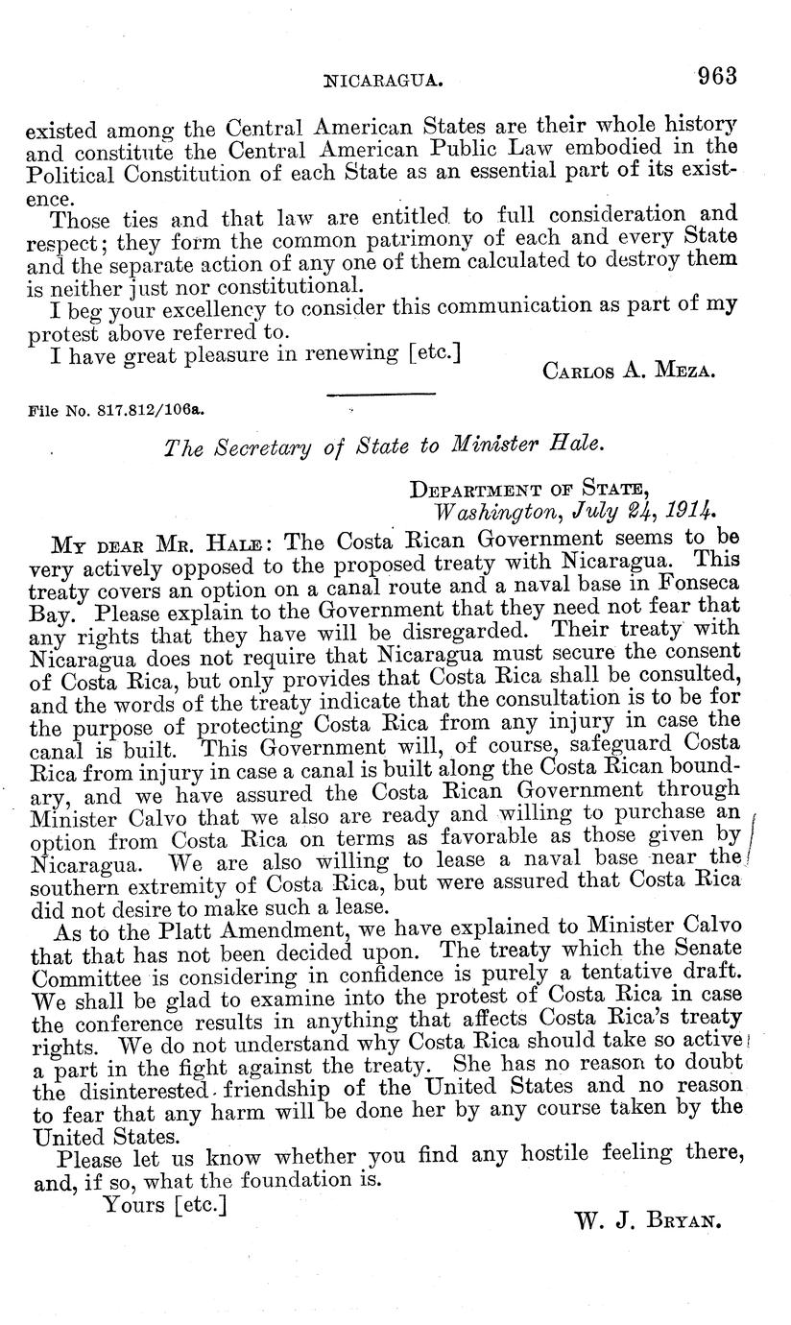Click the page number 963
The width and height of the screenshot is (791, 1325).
point(717,77)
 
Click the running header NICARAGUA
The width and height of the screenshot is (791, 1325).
point(384,83)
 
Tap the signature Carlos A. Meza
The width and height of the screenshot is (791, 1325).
point(629,371)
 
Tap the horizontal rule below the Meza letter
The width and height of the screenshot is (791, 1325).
point(382,394)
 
